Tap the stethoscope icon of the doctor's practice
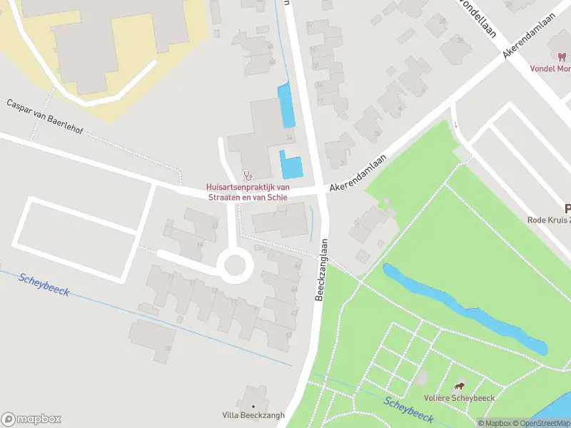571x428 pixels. [248, 174]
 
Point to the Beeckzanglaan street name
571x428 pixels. [323, 269]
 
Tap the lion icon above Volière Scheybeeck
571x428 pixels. [458, 386]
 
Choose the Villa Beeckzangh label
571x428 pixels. [253, 415]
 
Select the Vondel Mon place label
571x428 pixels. [550, 69]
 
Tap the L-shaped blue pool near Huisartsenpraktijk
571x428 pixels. [291, 166]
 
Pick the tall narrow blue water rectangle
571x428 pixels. [285, 106]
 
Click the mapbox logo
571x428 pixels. [31, 419]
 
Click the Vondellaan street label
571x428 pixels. [478, 10]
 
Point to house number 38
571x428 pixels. [168, 349]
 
